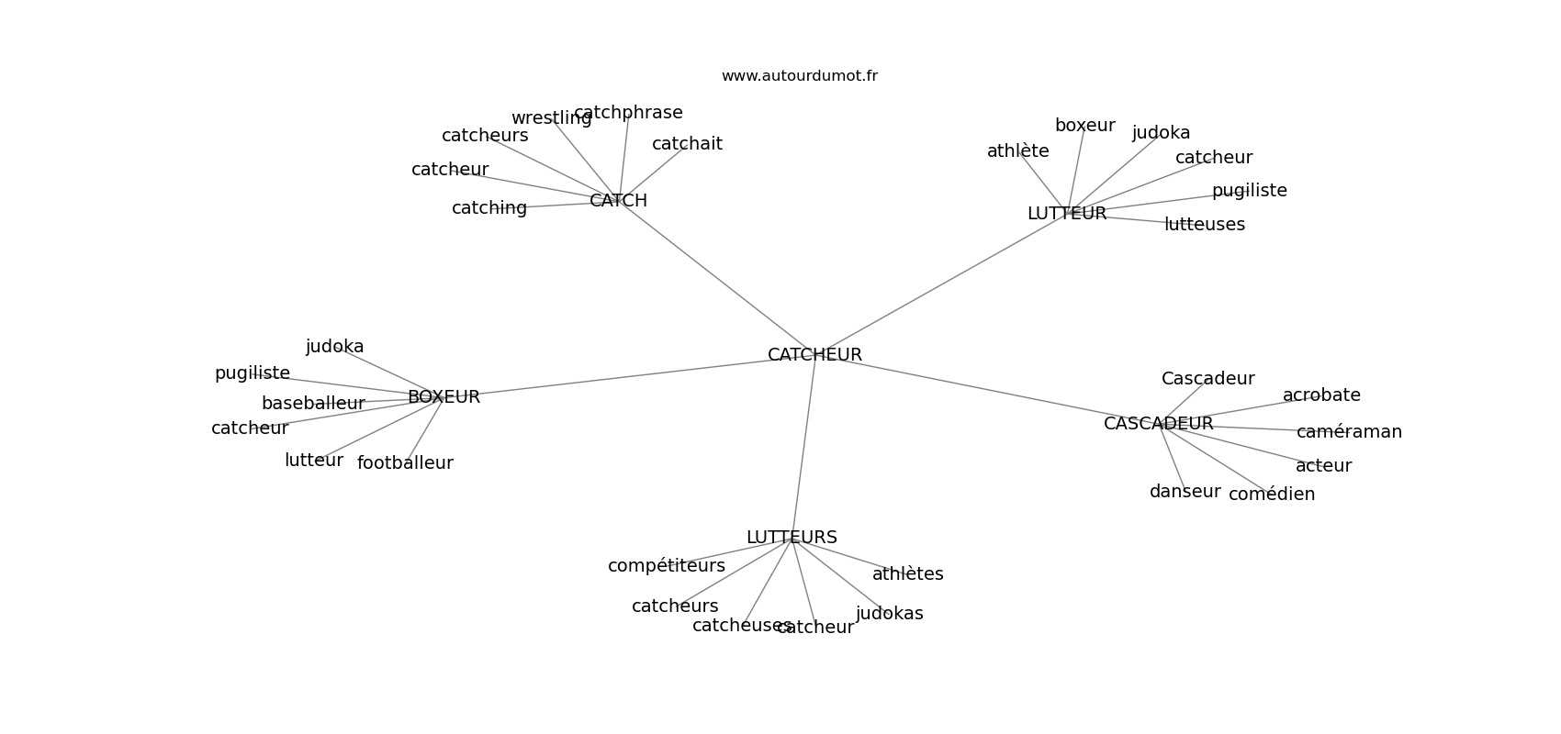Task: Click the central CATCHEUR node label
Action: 814,354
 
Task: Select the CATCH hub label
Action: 618,201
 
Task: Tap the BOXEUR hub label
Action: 444,397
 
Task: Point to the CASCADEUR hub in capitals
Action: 1158,423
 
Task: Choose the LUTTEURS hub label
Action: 792,538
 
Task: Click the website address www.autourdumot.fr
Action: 799,76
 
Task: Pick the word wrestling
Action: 551,118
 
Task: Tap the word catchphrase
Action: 628,113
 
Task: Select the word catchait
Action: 687,143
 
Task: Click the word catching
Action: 489,208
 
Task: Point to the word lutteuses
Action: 1204,224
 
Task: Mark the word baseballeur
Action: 313,403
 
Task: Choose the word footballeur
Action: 405,463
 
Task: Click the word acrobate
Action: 1321,395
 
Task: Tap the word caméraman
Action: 1349,432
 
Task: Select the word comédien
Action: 1272,494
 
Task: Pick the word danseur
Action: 1185,492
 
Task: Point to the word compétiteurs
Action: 667,565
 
